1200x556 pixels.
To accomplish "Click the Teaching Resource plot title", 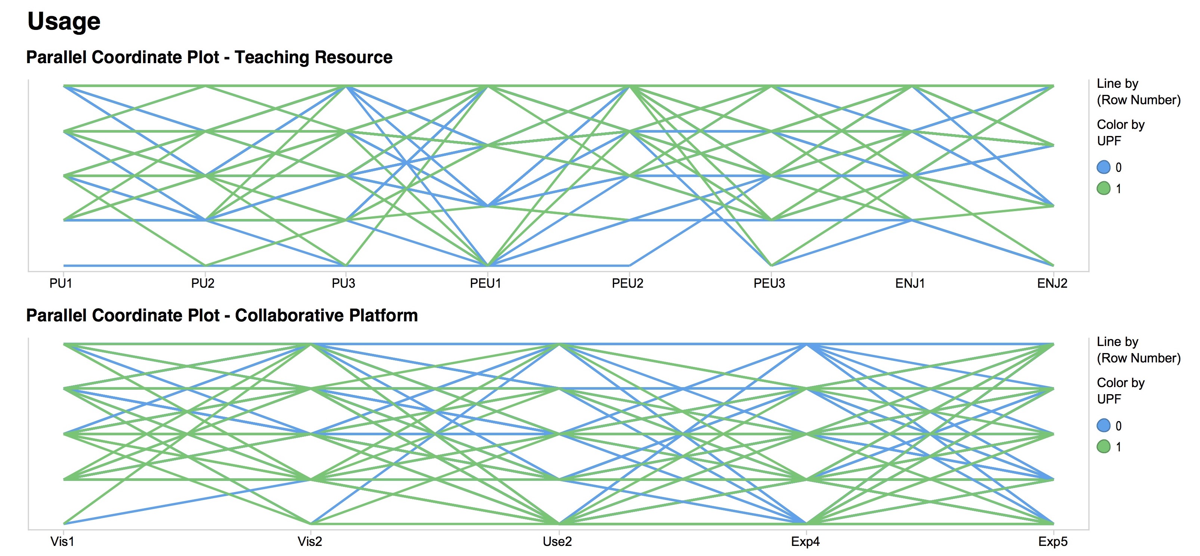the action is (x=209, y=57).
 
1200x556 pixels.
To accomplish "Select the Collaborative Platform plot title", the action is (x=222, y=315).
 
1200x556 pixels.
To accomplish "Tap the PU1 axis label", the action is (x=61, y=283).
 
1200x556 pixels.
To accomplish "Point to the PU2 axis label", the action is (x=203, y=283).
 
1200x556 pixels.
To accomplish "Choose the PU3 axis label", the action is (x=343, y=283).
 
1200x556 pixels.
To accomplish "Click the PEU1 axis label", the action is (x=486, y=283).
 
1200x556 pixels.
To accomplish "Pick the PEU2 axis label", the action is (x=627, y=283).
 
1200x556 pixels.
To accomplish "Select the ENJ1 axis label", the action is (x=910, y=283).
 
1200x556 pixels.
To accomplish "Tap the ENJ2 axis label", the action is (x=1052, y=283).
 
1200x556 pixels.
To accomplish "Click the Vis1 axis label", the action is (x=62, y=541).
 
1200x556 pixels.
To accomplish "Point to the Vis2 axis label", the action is (x=310, y=541).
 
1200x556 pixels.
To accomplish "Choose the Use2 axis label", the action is (x=557, y=541).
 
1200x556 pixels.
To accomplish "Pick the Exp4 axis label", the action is (x=806, y=541).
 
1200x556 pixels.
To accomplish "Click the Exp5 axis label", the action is (x=1053, y=541).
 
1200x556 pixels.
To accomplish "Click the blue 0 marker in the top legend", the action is (x=1104, y=167).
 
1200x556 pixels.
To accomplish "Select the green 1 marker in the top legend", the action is (x=1104, y=188).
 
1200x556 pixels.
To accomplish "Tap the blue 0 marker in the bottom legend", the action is (x=1104, y=425).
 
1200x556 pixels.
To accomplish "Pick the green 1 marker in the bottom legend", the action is (x=1104, y=447).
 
